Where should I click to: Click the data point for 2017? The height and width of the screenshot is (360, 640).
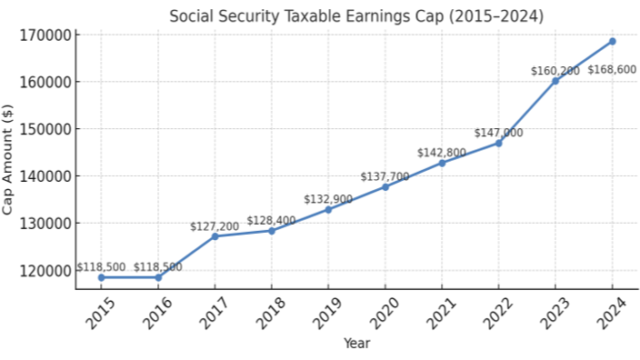215,236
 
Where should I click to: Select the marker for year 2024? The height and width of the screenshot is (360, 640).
612,41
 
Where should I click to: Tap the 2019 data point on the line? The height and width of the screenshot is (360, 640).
328,209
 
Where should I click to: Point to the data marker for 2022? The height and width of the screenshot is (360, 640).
498,143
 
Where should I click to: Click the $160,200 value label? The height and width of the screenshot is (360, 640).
555,70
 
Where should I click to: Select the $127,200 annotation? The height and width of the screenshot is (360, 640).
215,226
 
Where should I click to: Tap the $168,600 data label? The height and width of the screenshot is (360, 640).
612,69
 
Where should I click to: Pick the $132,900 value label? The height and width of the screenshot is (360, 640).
328,199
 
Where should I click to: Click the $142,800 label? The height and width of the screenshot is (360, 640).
442,153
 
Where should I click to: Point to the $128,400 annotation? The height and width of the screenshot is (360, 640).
271,221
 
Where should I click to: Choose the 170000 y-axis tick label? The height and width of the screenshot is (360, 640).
45,35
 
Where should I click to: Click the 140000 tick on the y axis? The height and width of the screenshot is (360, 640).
45,175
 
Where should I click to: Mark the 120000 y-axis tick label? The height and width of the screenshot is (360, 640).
45,270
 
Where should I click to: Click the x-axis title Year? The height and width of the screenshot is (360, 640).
356,344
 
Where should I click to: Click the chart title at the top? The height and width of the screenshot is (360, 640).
355,16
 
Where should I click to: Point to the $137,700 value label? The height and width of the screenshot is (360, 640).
385,176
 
